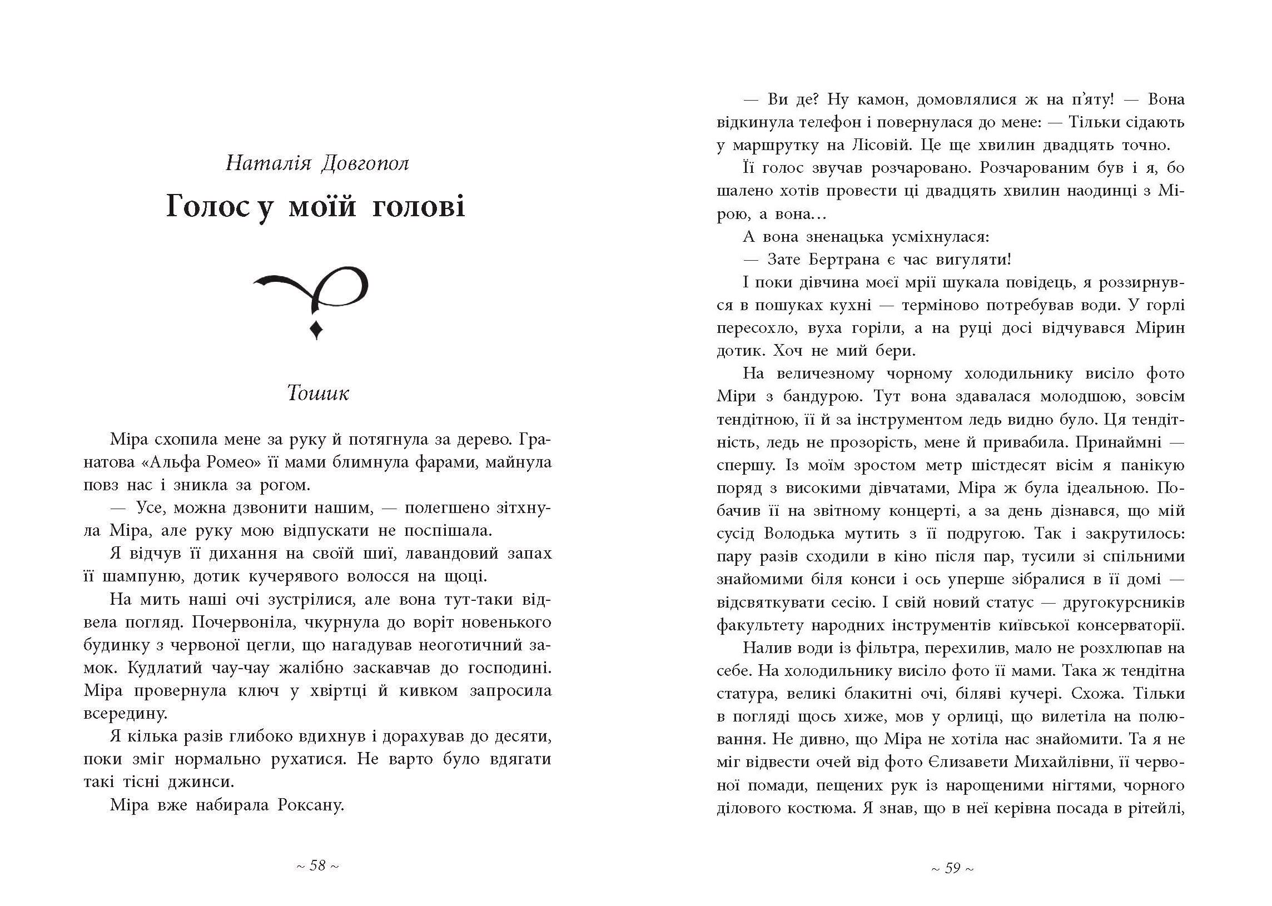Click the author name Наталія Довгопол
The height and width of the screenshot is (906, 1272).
(x=317, y=164)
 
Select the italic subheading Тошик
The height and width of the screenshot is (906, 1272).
(x=317, y=394)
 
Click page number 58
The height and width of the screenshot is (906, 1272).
(x=317, y=865)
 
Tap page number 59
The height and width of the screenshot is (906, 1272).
(x=953, y=868)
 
